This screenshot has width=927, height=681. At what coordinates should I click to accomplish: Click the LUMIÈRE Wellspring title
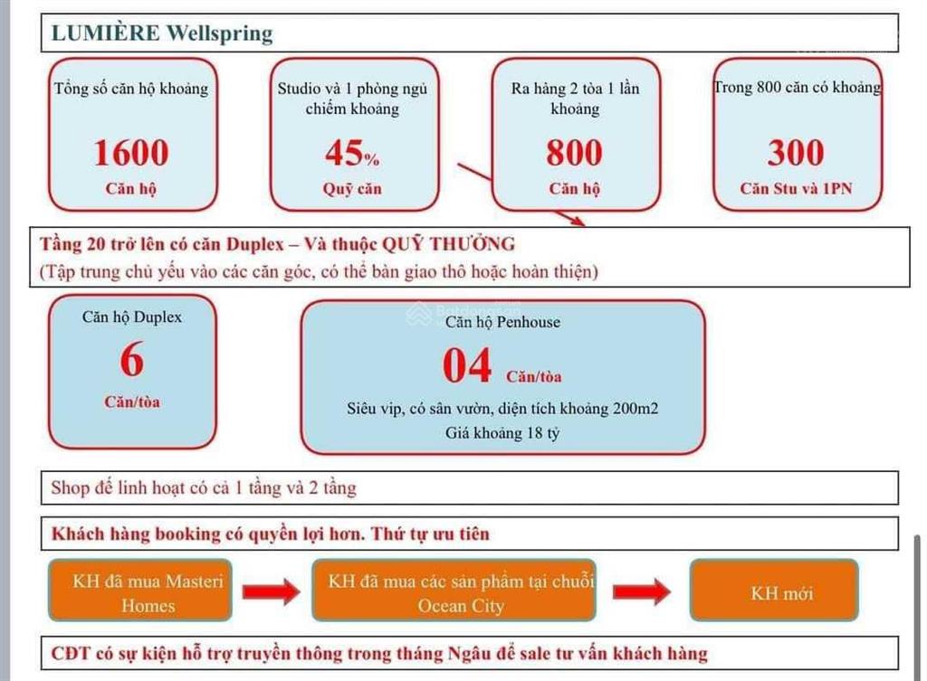click(x=162, y=33)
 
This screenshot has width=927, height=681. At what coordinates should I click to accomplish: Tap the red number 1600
click(x=131, y=152)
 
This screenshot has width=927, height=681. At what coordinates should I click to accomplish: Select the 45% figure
click(x=352, y=152)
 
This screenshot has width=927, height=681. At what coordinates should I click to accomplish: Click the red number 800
click(x=574, y=152)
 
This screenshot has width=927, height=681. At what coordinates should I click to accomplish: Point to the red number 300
click(x=796, y=152)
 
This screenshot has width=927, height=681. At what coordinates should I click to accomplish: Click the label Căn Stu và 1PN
click(x=796, y=188)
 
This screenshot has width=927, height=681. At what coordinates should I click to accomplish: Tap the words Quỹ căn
click(x=352, y=189)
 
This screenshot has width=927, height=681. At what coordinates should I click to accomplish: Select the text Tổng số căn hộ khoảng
click(x=131, y=89)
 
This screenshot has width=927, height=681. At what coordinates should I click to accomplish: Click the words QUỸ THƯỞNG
click(x=448, y=244)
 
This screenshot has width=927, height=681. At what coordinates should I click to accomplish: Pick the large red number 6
click(x=132, y=359)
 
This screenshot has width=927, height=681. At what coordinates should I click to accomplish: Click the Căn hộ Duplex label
click(x=132, y=317)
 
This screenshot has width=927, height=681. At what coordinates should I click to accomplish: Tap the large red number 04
click(x=467, y=365)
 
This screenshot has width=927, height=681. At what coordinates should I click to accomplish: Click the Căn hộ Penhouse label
click(x=502, y=322)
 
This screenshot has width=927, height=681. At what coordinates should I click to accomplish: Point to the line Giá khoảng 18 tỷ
click(x=502, y=433)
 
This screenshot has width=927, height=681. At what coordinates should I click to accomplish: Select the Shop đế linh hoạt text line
click(x=204, y=487)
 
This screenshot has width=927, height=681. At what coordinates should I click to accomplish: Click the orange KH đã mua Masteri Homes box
click(x=140, y=590)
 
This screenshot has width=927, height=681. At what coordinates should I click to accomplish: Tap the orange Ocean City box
click(x=454, y=590)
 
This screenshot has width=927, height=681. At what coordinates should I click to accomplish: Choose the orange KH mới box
click(x=774, y=590)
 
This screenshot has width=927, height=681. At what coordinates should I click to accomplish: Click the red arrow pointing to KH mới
click(x=642, y=591)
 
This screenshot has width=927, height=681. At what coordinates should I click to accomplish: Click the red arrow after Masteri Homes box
click(x=272, y=591)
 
